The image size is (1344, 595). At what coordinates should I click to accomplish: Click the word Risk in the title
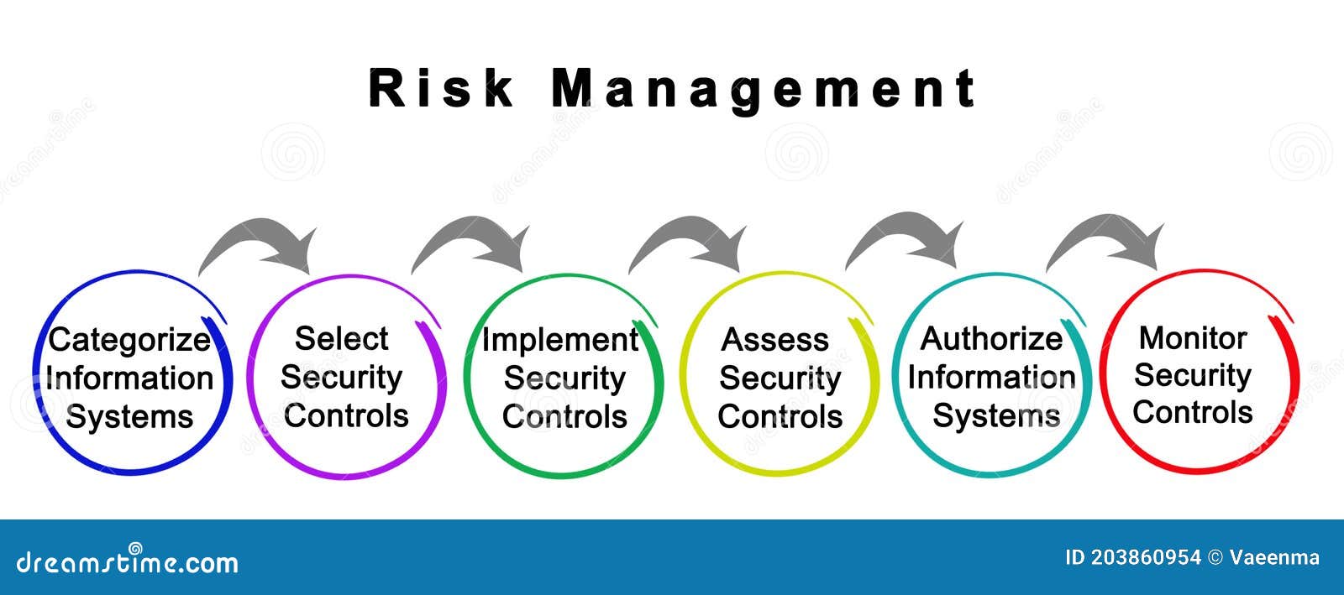[440, 87]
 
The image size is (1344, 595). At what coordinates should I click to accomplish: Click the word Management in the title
[764, 89]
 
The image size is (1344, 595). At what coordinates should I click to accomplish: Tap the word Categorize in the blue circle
[129, 340]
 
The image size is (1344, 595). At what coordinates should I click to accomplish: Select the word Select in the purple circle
[341, 338]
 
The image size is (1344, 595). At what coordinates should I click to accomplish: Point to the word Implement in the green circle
[559, 340]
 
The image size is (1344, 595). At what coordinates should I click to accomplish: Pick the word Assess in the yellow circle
[775, 340]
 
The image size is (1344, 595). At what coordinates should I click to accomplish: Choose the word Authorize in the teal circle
[991, 339]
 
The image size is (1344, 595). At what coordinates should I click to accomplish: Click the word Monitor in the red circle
[1193, 337]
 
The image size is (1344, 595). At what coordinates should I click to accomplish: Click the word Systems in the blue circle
[129, 417]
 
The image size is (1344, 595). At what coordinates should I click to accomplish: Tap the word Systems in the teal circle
[996, 415]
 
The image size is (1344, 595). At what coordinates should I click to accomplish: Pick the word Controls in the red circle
[1193, 412]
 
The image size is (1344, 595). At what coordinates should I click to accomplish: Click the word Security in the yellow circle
[780, 378]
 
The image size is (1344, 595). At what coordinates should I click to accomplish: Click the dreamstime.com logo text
[127, 561]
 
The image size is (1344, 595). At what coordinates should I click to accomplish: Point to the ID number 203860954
[1146, 558]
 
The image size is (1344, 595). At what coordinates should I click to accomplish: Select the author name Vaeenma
[1274, 558]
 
